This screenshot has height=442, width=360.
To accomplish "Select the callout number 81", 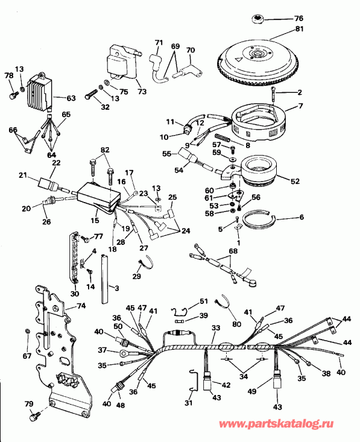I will [x=300, y=29].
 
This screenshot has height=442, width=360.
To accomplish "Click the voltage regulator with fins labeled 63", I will [x=39, y=92].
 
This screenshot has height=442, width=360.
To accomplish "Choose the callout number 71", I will [x=159, y=42].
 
